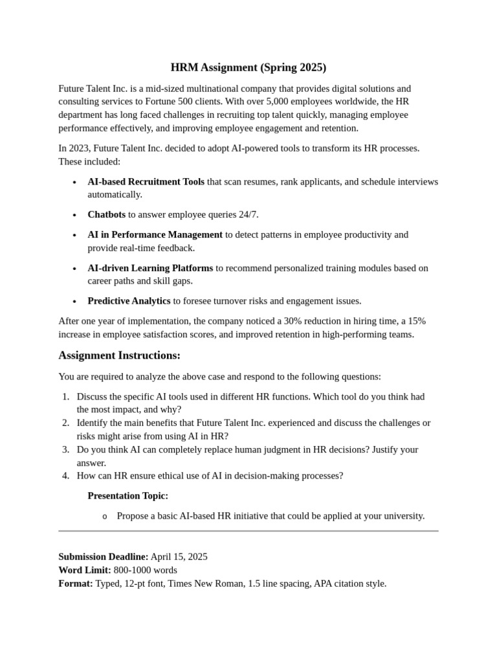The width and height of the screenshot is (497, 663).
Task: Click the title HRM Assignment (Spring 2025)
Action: [x=248, y=67]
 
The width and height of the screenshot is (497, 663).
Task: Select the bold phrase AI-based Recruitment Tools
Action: [x=146, y=182]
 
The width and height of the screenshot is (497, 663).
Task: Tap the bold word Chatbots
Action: [x=107, y=214]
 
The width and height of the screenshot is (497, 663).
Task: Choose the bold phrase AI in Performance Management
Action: [x=155, y=234]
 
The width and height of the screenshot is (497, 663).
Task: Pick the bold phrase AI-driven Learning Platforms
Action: [x=150, y=268]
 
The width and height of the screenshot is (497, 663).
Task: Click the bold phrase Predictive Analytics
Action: [x=129, y=301]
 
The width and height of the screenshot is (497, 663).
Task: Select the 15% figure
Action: [x=417, y=321]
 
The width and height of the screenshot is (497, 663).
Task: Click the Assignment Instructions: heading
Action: [x=119, y=355]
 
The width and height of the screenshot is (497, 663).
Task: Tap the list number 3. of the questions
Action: [x=65, y=449]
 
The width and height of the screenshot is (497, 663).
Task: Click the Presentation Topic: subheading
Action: [x=127, y=496]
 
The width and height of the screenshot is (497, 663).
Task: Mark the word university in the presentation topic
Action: [x=403, y=516]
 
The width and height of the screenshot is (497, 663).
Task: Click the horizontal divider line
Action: [x=248, y=531]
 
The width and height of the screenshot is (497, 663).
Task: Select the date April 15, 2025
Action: [x=179, y=557]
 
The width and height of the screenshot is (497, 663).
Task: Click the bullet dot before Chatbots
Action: [x=75, y=215]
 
